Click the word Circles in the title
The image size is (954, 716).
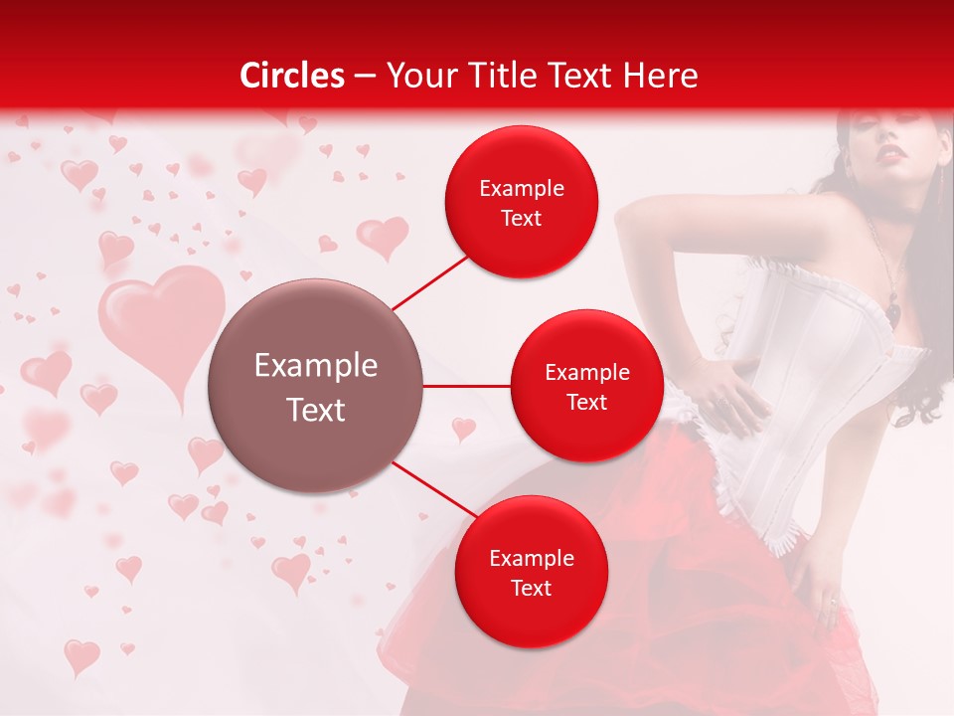[x=292, y=76]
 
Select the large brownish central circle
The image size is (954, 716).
[x=316, y=386]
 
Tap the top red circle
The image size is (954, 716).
[x=521, y=203]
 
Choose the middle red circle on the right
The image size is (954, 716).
[x=586, y=386]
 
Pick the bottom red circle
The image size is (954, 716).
[x=531, y=573]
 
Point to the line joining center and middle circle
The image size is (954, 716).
[x=467, y=386]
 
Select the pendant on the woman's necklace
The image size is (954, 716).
[x=894, y=310]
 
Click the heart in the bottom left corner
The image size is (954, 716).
[x=81, y=655]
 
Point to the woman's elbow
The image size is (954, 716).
[x=628, y=214]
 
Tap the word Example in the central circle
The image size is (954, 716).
[x=316, y=366]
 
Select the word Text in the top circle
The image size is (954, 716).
[x=521, y=219]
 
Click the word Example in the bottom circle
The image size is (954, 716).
[x=531, y=558]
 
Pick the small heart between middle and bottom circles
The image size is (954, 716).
[x=463, y=429]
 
